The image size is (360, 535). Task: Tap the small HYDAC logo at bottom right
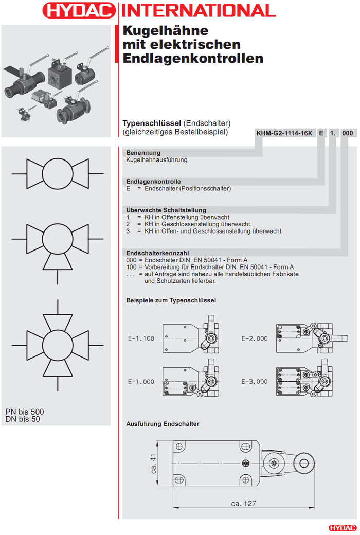click(342, 527)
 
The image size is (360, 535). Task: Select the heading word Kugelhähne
click(158, 31)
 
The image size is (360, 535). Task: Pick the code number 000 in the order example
click(348, 133)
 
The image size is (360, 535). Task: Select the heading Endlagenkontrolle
click(153, 182)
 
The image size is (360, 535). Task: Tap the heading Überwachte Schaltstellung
click(166, 210)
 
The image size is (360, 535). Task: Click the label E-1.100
click(141, 338)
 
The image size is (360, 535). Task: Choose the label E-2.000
click(255, 338)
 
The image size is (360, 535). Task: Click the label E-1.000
click(141, 382)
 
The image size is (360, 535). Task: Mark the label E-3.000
click(255, 382)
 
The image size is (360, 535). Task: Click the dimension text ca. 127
click(244, 503)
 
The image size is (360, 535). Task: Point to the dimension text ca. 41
click(154, 463)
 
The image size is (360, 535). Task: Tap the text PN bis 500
click(25, 412)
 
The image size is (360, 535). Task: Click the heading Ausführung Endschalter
click(163, 424)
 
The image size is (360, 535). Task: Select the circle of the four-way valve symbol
click(58, 344)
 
